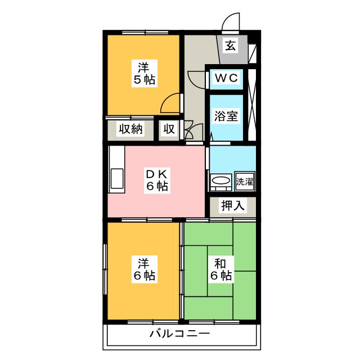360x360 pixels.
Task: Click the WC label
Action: (227, 78)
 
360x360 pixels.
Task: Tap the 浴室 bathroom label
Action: (227, 116)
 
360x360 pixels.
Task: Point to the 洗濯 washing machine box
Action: (245, 181)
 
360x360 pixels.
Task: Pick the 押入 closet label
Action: (233, 206)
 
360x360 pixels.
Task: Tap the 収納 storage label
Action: (130, 129)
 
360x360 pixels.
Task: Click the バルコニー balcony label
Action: (179, 334)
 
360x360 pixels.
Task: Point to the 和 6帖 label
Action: (219, 269)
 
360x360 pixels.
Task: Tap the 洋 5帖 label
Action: (144, 72)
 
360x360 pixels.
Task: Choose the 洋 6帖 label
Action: (144, 269)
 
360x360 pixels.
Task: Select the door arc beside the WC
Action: (197, 78)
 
